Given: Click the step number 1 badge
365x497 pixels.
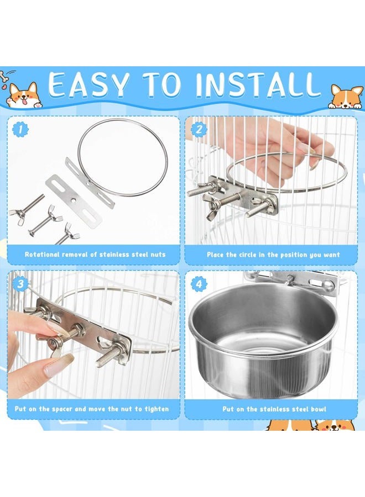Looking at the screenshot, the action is [20, 130].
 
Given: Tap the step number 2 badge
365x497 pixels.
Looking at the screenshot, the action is [199, 130].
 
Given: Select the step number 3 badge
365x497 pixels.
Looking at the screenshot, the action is [20, 284].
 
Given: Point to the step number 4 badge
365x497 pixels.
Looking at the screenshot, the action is [199, 284].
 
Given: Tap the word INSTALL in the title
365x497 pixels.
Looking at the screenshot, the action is [258, 84].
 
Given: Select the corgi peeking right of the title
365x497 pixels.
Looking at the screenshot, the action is [346, 96].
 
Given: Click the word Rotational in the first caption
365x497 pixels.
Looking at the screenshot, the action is [42, 255].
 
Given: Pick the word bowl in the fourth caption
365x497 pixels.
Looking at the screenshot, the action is [319, 409].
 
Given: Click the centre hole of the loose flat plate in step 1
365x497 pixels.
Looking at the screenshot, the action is [74, 200].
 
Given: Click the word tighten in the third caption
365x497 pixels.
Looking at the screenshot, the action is [157, 409].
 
